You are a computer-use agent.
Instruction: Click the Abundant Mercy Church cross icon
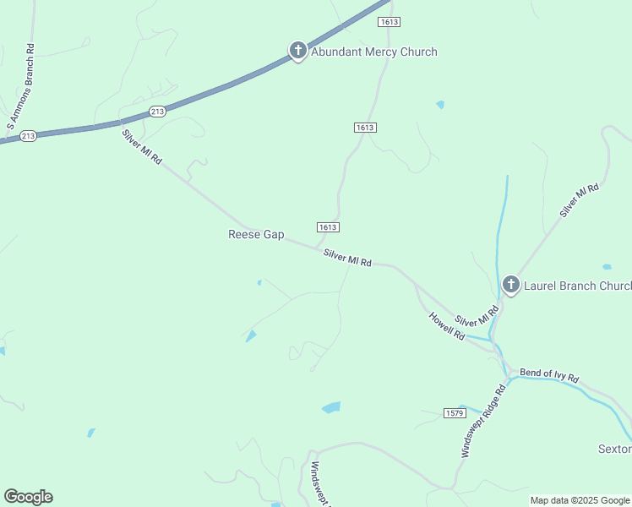pos(297,51)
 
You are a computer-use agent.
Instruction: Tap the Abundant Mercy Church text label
pos(374,52)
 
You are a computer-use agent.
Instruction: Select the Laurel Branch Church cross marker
pos(510,285)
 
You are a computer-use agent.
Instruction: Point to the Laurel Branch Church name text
pos(577,286)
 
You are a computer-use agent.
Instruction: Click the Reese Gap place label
pos(256,234)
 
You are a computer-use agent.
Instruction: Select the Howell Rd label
pos(447,325)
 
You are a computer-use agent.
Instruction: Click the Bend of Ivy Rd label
pos(549,374)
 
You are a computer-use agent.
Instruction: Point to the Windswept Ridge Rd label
pos(482,421)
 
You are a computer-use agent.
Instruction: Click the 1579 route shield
pos(455,412)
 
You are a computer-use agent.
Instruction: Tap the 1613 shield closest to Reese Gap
pos(329,227)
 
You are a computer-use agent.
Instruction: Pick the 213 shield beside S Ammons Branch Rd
pos(28,135)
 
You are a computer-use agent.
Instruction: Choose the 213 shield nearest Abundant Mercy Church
pos(157,111)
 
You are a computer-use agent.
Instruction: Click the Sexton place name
pos(614,449)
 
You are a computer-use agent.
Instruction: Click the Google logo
pos(28,497)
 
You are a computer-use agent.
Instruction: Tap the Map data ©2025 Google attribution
pos(579,500)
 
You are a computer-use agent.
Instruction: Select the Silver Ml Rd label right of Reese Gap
pos(347,258)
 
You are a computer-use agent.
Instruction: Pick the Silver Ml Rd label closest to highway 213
pos(141,146)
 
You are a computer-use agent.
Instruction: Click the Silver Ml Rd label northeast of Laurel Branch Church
pos(580,200)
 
